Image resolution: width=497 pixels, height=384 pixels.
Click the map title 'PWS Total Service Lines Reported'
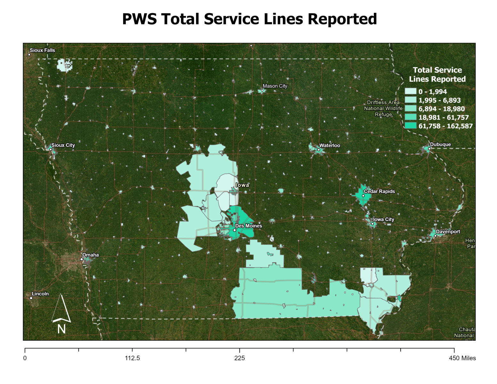tap(249, 19)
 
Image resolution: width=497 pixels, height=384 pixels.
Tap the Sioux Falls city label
tap(42, 50)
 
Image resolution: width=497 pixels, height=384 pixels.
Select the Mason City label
tap(275, 86)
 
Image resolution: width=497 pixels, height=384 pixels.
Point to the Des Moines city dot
tap(235, 230)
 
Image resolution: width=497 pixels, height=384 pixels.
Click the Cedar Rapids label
tap(379, 191)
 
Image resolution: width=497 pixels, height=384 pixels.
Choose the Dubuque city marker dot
tap(429, 148)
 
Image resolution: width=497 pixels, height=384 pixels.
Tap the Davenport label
tap(448, 232)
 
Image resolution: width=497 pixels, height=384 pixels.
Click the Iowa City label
tap(383, 220)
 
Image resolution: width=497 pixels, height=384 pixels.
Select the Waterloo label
tap(330, 146)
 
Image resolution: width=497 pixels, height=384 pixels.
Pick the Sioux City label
tap(63, 145)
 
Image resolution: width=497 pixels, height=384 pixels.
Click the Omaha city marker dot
tap(82, 259)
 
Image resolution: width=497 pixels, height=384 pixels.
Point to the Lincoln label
tap(40, 294)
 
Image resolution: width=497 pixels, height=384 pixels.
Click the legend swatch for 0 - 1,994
tap(411, 92)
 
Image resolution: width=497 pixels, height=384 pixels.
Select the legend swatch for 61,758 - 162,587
tap(411, 126)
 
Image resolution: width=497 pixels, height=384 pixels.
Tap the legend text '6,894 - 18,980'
tap(441, 109)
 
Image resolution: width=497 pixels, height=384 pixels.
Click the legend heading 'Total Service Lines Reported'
tap(437, 75)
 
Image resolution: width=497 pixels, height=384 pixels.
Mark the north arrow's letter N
tap(61, 329)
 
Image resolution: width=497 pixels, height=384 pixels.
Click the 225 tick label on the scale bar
tap(239, 358)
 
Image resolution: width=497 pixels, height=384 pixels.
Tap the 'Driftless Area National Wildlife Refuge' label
tap(383, 108)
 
